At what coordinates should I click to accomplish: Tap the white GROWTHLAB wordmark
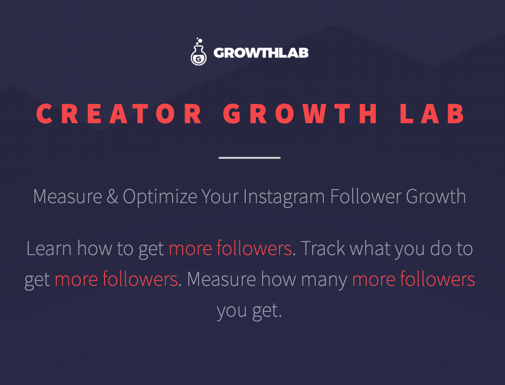click(261, 53)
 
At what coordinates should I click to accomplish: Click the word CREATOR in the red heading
click(119, 114)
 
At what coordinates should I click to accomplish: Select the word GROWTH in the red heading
click(300, 114)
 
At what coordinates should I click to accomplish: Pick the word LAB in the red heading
click(432, 114)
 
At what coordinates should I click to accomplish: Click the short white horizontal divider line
click(250, 157)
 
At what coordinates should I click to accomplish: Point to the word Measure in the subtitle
click(67, 196)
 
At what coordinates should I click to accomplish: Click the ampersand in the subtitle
click(112, 196)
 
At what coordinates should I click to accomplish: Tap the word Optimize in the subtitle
click(160, 197)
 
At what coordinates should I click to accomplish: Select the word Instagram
click(284, 197)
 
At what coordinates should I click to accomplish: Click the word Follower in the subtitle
click(366, 196)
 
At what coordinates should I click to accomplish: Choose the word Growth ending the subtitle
click(436, 196)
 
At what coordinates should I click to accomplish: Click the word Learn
click(49, 248)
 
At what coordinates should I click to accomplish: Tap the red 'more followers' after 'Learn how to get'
click(230, 248)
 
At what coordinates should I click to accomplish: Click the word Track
click(322, 248)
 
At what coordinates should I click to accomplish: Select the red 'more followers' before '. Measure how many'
click(116, 279)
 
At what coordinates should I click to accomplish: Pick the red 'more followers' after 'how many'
click(413, 279)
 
